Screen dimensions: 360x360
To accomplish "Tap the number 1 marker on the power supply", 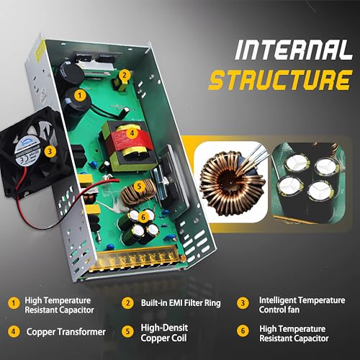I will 81,94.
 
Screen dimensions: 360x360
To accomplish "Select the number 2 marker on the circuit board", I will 124,74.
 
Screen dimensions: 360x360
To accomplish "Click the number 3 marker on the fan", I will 48,152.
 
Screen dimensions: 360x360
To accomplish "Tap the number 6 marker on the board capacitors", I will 143,216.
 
